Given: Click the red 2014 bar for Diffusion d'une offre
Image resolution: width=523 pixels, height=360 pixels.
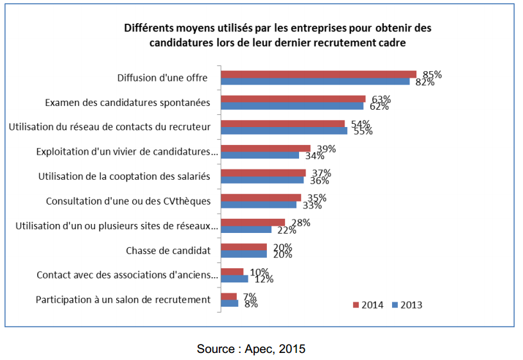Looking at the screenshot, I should click(x=318, y=74).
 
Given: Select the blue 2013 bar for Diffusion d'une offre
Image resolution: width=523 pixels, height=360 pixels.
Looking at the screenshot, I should click(x=315, y=81).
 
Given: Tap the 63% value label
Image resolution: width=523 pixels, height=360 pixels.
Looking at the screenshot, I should click(x=381, y=99).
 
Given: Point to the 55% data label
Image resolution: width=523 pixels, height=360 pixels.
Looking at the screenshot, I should click(x=363, y=131).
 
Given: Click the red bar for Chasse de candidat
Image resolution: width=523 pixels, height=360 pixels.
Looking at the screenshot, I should click(x=244, y=247).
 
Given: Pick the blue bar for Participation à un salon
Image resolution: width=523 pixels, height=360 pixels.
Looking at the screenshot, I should click(x=230, y=304).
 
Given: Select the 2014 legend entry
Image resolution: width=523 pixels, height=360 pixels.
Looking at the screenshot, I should click(x=368, y=305).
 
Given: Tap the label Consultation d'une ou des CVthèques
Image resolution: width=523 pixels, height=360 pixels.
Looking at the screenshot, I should click(x=128, y=201).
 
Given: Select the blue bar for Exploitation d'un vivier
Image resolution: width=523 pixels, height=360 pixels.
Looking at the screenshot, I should click(x=260, y=155).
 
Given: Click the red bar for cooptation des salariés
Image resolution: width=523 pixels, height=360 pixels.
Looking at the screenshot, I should click(x=263, y=173).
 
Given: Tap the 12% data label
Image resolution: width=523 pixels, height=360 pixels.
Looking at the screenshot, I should click(x=263, y=279).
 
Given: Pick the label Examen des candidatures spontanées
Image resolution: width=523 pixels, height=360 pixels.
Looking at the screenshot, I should click(x=128, y=103).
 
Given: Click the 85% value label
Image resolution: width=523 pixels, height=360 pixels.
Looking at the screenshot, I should click(x=432, y=74).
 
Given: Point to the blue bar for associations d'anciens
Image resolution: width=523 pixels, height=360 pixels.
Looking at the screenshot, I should click(x=234, y=279).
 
